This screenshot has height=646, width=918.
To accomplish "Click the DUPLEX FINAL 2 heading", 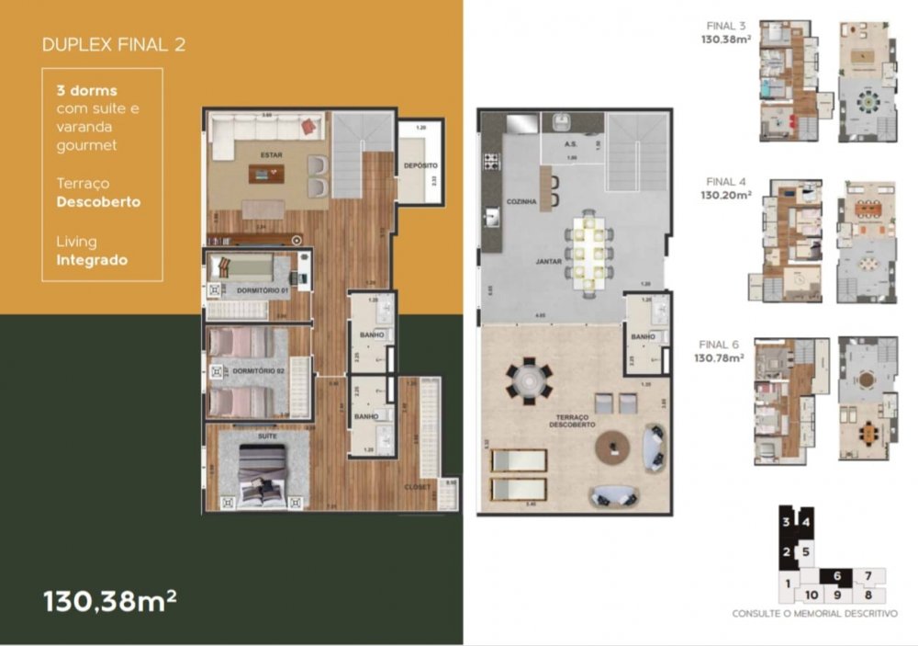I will click(114, 44).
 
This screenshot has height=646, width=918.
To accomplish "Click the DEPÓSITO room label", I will click(420, 165).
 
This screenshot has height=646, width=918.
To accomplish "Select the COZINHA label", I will click(521, 200).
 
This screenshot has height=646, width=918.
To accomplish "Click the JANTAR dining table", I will click(586, 246).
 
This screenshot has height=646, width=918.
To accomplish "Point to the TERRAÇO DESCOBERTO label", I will click(574, 420).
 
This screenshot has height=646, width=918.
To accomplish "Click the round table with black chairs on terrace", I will click(530, 379).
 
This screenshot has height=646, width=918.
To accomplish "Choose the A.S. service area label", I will click(569, 144).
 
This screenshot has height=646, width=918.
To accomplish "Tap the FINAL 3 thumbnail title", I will click(727, 25).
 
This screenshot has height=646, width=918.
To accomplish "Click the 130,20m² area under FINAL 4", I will click(727, 195).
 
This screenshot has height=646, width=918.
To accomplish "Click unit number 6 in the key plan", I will click(836, 575).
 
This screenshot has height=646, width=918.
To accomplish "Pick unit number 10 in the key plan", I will click(812, 595).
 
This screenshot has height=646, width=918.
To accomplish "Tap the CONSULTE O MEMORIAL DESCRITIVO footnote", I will click(814, 614).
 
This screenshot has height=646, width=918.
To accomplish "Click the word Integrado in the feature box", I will click(90, 260).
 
